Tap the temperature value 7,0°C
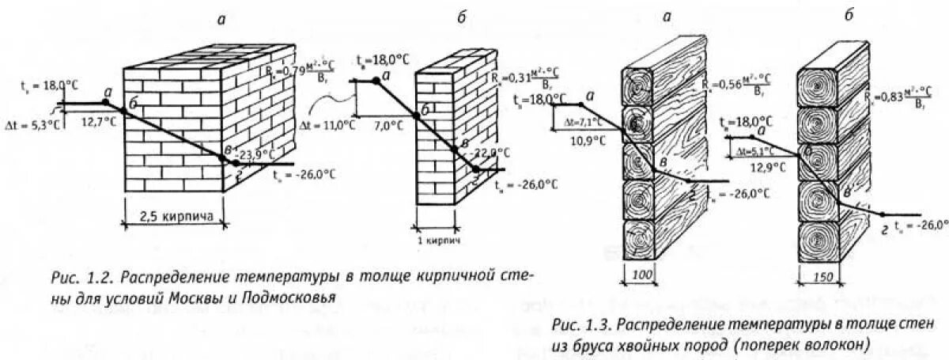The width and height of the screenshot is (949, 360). (386, 126)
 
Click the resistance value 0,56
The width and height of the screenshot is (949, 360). (727, 82)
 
